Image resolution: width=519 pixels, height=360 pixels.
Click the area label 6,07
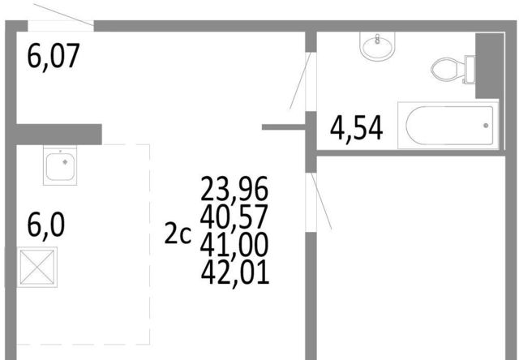pos(54,56)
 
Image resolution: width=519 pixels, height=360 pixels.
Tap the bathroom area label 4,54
pos(357,128)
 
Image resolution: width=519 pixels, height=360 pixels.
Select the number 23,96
pos(234,189)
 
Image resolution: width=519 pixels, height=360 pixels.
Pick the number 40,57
pos(234,217)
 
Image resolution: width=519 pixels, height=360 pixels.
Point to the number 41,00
pos(234,245)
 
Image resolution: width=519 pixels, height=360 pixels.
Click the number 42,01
pos(235,272)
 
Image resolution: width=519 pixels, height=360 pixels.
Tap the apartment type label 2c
pos(178,234)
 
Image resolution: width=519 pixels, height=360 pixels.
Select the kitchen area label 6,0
pos(46,225)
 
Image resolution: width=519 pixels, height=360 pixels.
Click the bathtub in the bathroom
pos(448,126)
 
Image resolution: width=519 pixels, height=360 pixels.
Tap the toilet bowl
pos(447,70)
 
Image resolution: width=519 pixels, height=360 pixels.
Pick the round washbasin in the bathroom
pos(377,46)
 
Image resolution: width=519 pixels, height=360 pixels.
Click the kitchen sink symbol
pos(60,165)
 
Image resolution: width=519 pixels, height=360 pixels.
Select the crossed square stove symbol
pos(37,267)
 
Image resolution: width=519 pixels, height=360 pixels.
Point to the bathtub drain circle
pos(486,126)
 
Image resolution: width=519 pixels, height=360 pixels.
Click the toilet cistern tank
pos(470,70)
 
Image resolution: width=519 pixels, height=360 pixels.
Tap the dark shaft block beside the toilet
pos(490,66)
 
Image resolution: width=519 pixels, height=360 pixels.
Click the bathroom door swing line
pos(300,81)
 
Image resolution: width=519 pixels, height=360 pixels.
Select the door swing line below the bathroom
pos(321,201)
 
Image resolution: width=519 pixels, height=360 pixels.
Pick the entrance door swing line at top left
pos(63,15)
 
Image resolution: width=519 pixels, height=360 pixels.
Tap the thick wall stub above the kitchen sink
pos(59,135)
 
